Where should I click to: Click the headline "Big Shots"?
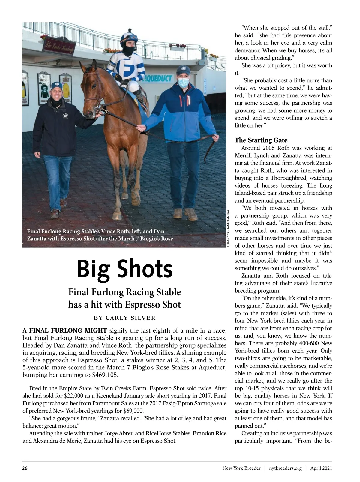click(124, 269)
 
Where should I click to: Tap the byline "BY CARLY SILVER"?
click(124, 318)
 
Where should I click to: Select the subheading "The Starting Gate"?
click(261, 140)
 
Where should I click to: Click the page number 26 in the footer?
click(25, 468)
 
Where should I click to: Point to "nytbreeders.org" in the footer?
click(285, 468)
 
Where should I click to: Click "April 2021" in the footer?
click(321, 468)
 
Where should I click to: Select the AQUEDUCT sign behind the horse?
click(158, 79)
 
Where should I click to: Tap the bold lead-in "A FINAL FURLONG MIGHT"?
click(65, 331)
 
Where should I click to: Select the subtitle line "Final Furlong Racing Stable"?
click(124, 292)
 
